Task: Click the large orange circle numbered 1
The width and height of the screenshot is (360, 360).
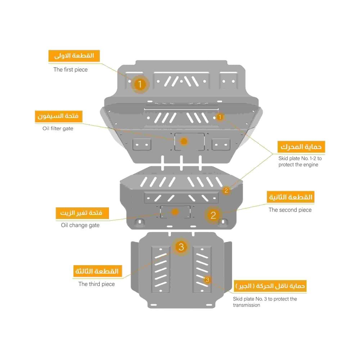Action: pyautogui.click(x=140, y=84)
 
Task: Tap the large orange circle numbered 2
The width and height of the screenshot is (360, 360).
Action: pyautogui.click(x=213, y=215)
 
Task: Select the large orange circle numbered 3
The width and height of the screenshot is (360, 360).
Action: pyautogui.click(x=181, y=247)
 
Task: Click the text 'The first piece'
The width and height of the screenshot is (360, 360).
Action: pyautogui.click(x=71, y=69)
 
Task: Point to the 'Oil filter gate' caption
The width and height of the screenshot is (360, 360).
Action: pyautogui.click(x=58, y=129)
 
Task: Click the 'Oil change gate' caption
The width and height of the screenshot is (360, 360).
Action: pyautogui.click(x=80, y=225)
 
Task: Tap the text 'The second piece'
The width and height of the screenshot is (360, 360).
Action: pyautogui.click(x=290, y=210)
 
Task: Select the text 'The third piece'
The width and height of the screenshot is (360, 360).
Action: pyautogui.click(x=96, y=284)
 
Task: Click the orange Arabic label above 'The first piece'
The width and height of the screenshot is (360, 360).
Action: pyautogui.click(x=74, y=56)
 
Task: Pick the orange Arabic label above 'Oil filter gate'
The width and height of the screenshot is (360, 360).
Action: pyautogui.click(x=59, y=116)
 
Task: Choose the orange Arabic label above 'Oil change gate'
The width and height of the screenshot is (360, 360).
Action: pyautogui.click(x=82, y=213)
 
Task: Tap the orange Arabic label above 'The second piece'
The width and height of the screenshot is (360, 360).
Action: pyautogui.click(x=291, y=197)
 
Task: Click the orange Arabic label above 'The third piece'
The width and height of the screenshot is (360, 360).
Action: pyautogui.click(x=97, y=271)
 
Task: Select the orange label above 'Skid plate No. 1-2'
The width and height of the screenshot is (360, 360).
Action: pyautogui.click(x=301, y=147)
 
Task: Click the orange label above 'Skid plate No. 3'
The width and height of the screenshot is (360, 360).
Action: pyautogui.click(x=270, y=286)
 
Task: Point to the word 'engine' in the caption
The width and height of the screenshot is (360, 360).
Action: pyautogui.click(x=310, y=165)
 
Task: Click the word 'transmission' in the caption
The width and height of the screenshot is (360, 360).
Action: pyautogui.click(x=247, y=305)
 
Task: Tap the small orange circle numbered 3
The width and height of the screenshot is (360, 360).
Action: pyautogui.click(x=207, y=280)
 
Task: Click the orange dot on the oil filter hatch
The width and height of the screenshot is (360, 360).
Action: pyautogui.click(x=184, y=141)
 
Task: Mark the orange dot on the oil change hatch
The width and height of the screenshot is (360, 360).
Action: pyautogui.click(x=175, y=212)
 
